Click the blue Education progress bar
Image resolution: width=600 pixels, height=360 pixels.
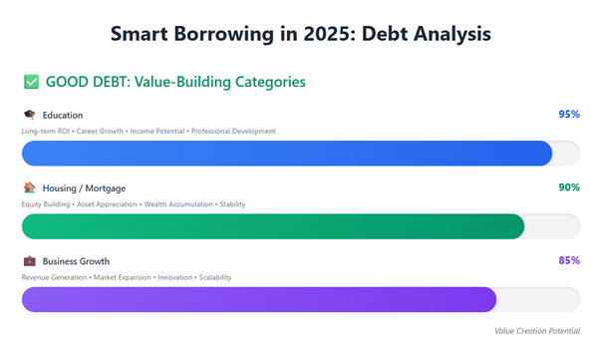(286, 154)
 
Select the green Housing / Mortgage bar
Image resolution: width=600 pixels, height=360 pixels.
(272, 226)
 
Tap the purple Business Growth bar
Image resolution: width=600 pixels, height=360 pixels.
(258, 299)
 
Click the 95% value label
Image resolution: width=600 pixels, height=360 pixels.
(569, 115)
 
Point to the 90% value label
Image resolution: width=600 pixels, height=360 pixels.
(569, 187)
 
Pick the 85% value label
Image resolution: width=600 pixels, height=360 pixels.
(569, 260)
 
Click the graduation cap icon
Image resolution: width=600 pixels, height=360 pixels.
(29, 116)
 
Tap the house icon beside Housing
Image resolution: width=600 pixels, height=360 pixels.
(29, 187)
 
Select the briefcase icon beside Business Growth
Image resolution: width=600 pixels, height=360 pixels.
(29, 261)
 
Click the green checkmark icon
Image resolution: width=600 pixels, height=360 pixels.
(31, 82)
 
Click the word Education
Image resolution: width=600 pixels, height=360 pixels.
(63, 116)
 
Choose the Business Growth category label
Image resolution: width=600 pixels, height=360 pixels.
(76, 261)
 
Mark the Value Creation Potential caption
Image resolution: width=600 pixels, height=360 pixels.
(536, 330)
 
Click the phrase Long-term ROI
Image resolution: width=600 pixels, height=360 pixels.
(43, 132)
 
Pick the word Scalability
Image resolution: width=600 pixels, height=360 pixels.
(214, 277)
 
